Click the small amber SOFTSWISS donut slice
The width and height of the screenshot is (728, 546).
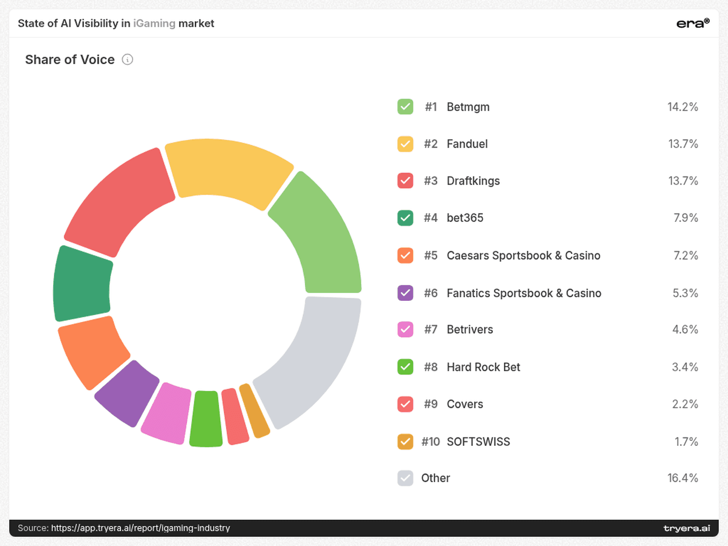[254, 411]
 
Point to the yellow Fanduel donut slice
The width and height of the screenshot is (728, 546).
[229, 171]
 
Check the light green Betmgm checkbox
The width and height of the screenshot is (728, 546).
[405, 107]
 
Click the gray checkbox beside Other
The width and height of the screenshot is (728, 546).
[405, 478]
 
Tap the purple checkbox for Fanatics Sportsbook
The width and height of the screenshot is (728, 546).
[405, 293]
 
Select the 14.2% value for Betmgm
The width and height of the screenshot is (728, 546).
[682, 107]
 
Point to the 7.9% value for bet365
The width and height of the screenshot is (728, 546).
[686, 218]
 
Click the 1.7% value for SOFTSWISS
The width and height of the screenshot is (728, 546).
[686, 441]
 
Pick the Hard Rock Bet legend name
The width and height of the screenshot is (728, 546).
[483, 367]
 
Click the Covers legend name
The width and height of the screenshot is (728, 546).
[465, 404]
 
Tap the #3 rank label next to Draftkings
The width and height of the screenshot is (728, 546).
[431, 181]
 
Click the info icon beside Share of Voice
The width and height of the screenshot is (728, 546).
[127, 60]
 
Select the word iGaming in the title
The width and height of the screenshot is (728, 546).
[154, 24]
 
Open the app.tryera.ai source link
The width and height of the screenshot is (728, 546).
[141, 528]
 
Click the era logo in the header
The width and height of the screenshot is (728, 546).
[693, 23]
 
